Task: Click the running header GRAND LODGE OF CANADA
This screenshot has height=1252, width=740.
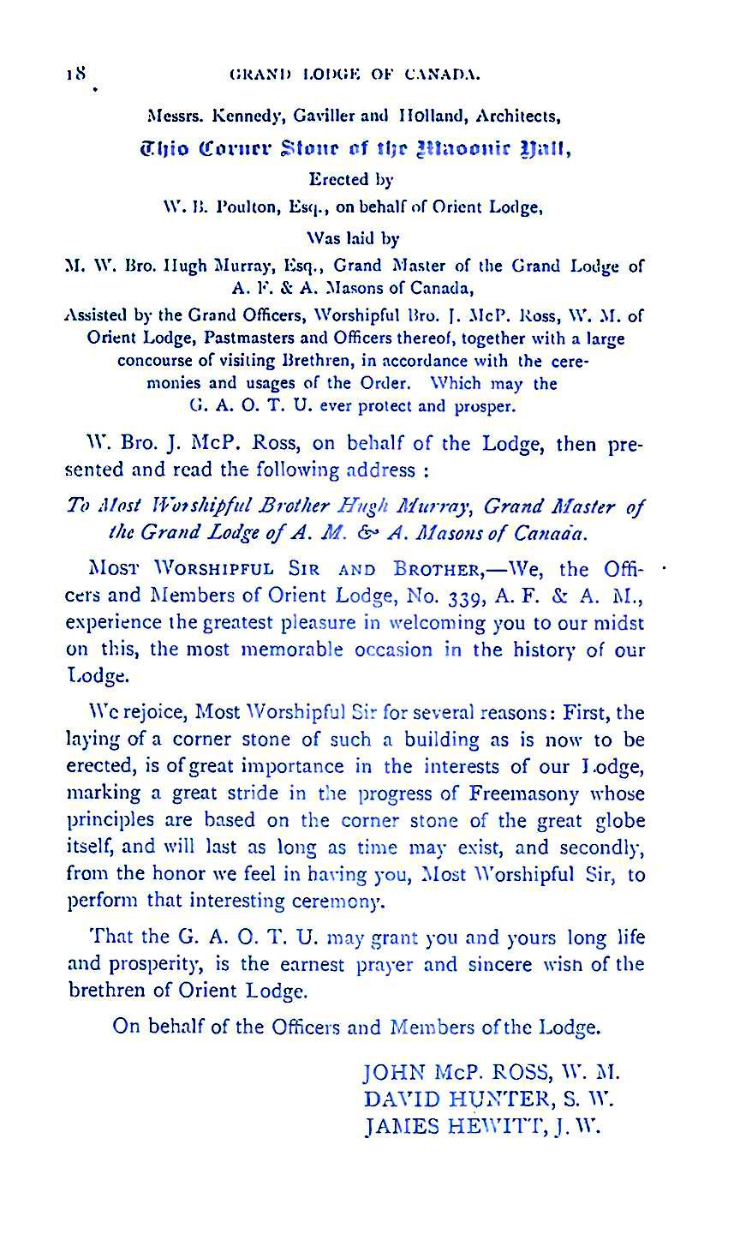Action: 355,75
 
